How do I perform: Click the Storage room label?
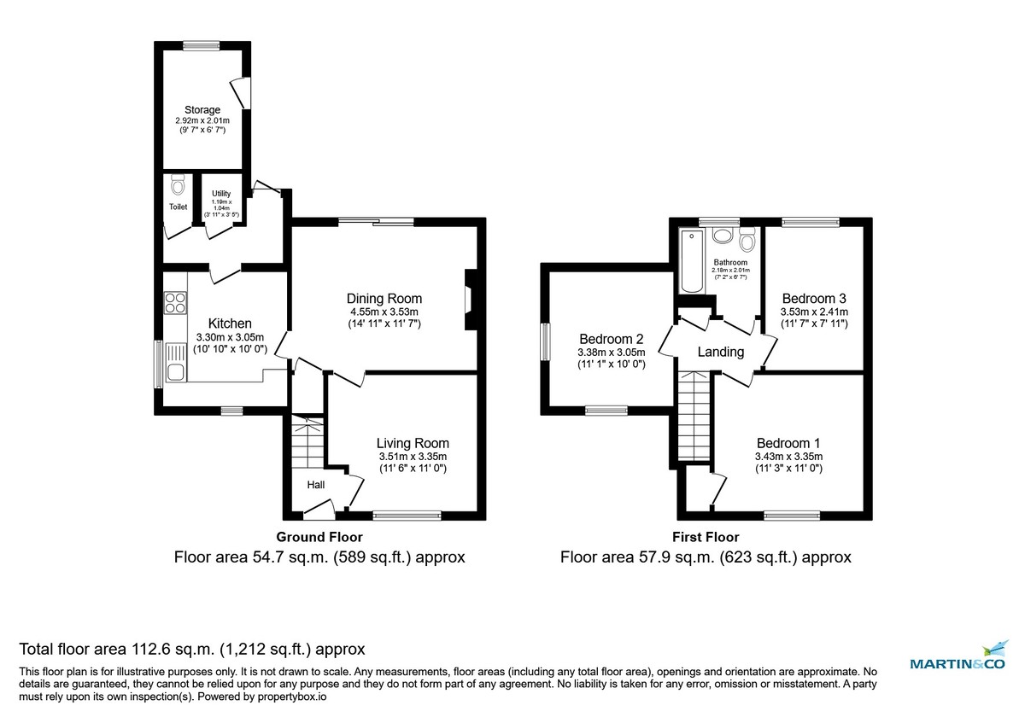click(202, 110)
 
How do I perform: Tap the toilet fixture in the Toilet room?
click(178, 185)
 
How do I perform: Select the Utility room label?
click(221, 194)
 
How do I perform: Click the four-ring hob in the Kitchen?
click(175, 302)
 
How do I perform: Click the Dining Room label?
click(384, 299)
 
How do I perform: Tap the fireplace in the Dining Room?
click(469, 299)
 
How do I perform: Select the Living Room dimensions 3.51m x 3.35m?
click(413, 457)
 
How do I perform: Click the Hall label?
click(316, 485)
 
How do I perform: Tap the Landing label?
click(720, 352)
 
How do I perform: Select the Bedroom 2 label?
click(611, 338)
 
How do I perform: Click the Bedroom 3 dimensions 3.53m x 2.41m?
click(814, 312)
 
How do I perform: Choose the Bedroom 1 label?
click(788, 443)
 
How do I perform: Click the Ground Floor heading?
click(319, 537)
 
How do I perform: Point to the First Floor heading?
click(705, 537)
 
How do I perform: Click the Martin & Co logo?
click(958, 659)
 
